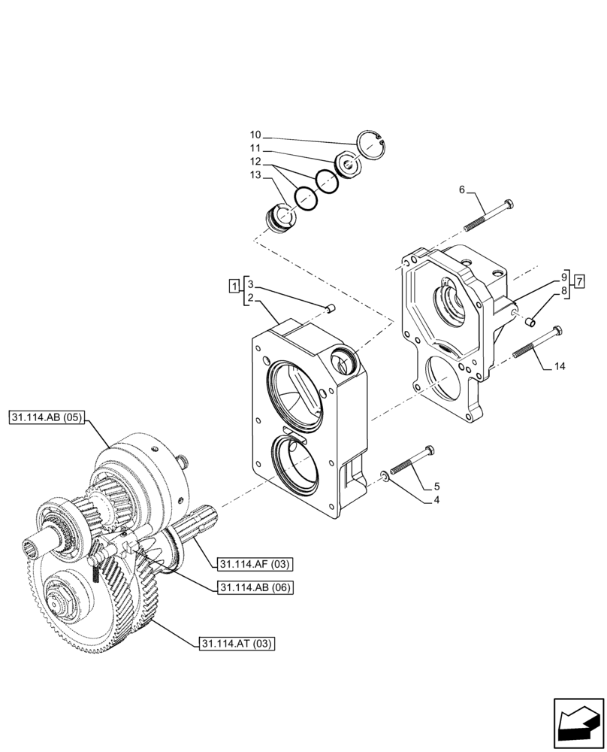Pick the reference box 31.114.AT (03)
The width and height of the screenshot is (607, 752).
click(x=237, y=643)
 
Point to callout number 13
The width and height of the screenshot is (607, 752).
click(x=255, y=175)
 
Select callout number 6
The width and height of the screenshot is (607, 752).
click(x=462, y=190)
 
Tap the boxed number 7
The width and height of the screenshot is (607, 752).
click(x=579, y=281)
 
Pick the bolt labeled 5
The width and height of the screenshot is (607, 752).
click(x=411, y=460)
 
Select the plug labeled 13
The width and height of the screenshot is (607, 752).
click(x=280, y=219)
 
